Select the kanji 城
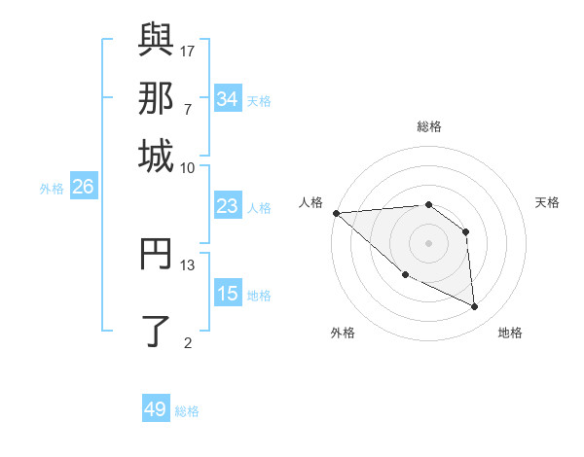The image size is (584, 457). pyautogui.click(x=156, y=155)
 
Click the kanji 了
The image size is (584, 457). pyautogui.click(x=156, y=329)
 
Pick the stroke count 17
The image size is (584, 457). pyautogui.click(x=188, y=50)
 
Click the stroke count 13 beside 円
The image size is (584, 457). pyautogui.click(x=188, y=264)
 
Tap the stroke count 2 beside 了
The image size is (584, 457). pyautogui.click(x=188, y=341)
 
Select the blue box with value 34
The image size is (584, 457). pyautogui.click(x=227, y=99)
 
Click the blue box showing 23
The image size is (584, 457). pyautogui.click(x=227, y=206)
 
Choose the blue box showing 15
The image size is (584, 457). pyautogui.click(x=227, y=294)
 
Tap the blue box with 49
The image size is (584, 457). pyautogui.click(x=156, y=409)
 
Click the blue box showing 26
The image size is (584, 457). pyautogui.click(x=83, y=188)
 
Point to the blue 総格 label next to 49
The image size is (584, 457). pyautogui.click(x=188, y=411)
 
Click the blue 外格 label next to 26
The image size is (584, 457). pyautogui.click(x=52, y=189)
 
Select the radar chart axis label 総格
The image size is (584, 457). pyautogui.click(x=428, y=126)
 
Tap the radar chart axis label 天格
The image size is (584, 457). pyautogui.click(x=547, y=202)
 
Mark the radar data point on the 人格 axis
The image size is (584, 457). pyautogui.click(x=336, y=213)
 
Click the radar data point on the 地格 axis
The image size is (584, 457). pyautogui.click(x=475, y=306)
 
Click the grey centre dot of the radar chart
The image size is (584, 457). pyautogui.click(x=428, y=242)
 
